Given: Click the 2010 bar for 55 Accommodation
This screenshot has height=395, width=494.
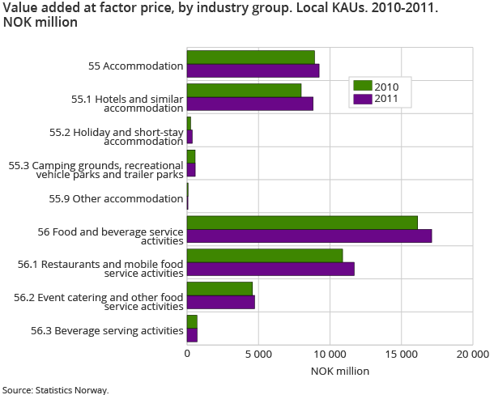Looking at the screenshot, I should pos(251,57).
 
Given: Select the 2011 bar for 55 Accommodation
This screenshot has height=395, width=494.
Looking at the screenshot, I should pos(253,70).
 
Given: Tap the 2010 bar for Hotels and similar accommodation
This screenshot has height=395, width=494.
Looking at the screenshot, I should pos(244,90).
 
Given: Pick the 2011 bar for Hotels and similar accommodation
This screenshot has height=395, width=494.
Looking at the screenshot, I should pos(249,104).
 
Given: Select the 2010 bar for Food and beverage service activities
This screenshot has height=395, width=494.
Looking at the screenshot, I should pos(302,223).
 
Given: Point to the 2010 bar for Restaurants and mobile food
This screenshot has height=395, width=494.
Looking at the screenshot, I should pos(265,255).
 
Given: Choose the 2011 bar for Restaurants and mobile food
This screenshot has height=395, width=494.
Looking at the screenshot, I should pos(270,269).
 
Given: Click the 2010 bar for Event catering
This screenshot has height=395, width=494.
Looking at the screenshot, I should pos(219,288).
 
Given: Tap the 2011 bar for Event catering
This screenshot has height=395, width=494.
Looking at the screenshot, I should pos(221,302).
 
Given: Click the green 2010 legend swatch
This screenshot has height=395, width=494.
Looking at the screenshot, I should pos(362,86).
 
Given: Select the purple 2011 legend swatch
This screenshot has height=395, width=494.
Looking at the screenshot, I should pos(362,99).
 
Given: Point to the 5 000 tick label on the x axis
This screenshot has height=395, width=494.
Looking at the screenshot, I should pos(258,354).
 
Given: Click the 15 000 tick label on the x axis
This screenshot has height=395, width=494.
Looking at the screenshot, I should pos(401,354).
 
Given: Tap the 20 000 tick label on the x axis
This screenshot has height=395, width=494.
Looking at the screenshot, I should pos(472,354).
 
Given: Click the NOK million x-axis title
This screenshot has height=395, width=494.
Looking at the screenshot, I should pos(339,371).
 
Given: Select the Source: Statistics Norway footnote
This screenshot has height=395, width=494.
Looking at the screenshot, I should pos(55,389).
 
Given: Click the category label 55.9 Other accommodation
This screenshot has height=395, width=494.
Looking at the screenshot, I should pos(137,199).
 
